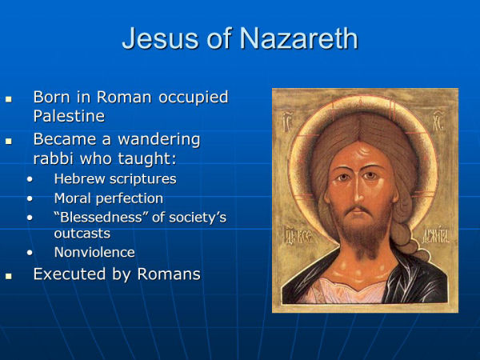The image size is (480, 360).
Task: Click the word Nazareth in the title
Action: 298,38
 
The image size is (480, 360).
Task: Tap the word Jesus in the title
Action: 160,38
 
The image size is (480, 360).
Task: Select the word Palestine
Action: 69,116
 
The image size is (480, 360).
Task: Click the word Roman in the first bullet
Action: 124,97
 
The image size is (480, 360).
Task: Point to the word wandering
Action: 159,140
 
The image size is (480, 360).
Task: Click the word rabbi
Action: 54,158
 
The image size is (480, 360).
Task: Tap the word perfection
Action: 130,199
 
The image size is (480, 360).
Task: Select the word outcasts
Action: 82,234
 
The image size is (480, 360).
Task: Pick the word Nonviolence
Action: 94,253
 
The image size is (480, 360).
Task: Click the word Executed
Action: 70,274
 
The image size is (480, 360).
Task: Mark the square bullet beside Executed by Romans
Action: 9,276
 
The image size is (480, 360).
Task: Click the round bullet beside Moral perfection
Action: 30,199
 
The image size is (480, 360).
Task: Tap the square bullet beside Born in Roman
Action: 9,99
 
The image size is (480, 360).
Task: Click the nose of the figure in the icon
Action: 357,191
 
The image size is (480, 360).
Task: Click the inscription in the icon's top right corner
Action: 438,122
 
